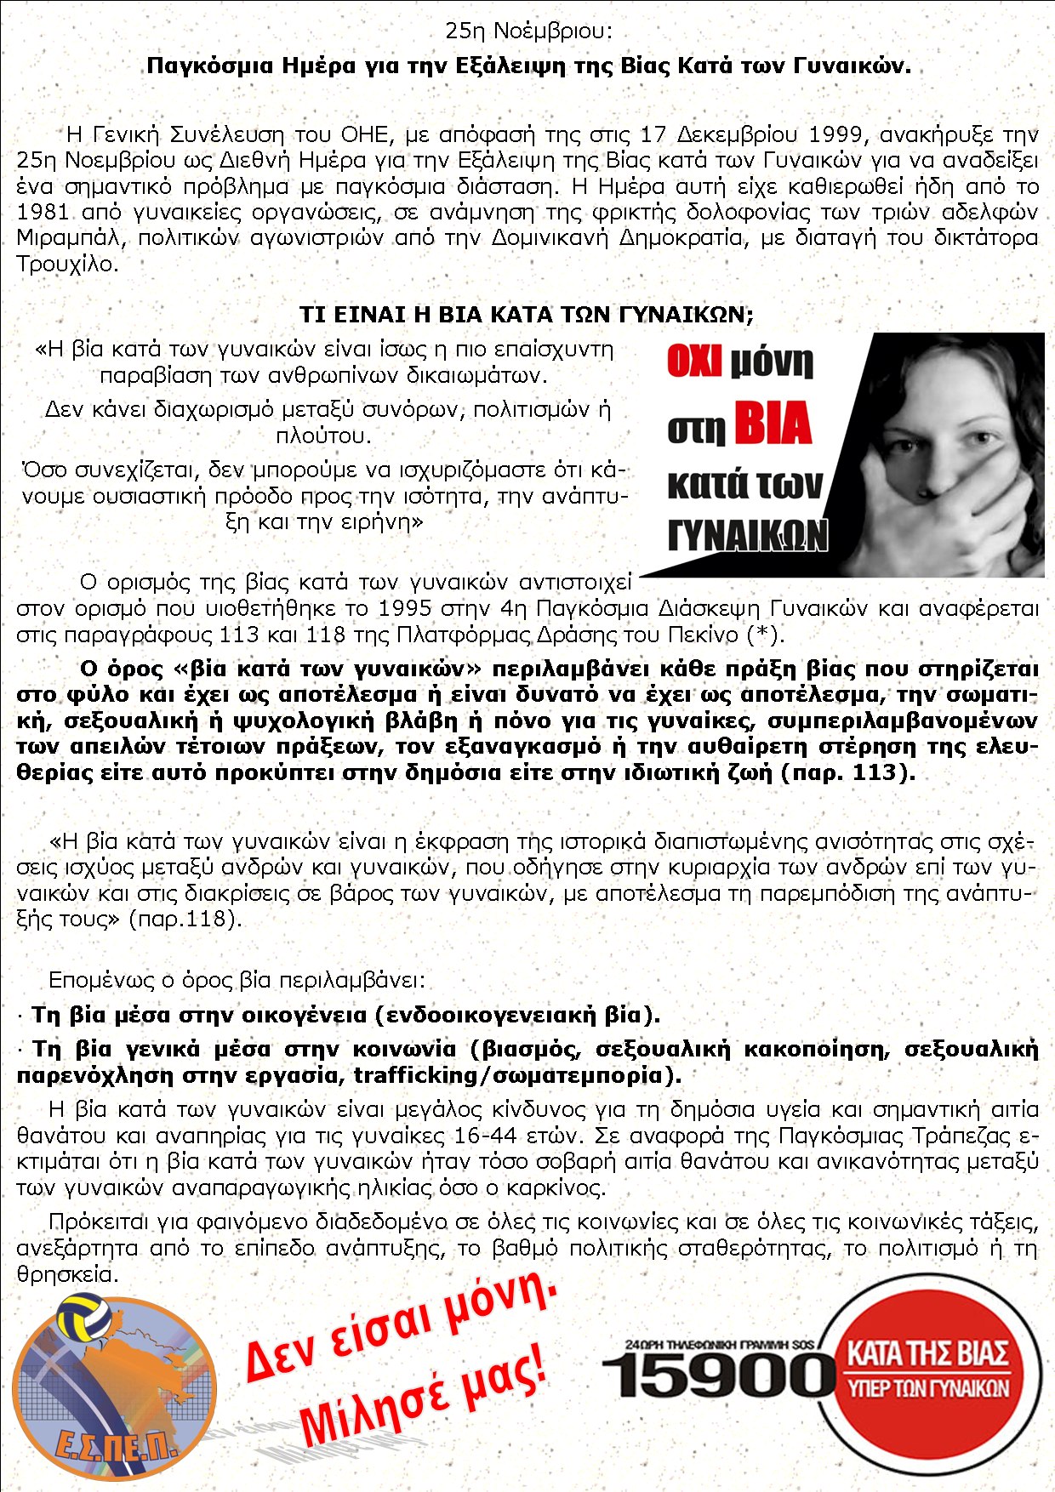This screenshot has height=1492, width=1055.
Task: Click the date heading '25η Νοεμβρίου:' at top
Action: click(528, 31)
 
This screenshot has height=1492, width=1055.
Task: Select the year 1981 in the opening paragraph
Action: click(43, 212)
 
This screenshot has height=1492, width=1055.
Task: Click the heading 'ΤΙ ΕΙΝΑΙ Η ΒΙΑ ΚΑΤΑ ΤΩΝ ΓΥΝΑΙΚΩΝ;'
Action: click(527, 315)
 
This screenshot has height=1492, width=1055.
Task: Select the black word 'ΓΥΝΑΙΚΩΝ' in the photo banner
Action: click(747, 535)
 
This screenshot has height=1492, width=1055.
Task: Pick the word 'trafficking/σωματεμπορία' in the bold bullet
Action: click(507, 1075)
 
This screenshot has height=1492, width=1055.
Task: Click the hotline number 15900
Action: click(719, 1375)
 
